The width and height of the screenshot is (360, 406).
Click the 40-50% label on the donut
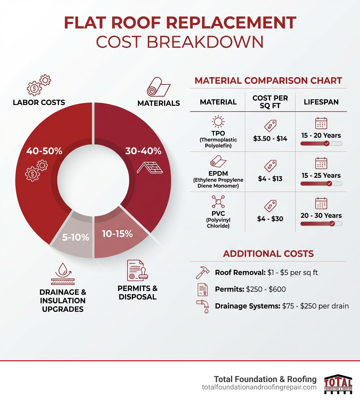(x=44, y=151)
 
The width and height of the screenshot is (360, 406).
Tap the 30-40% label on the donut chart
(x=143, y=151)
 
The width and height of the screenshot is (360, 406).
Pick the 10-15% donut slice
(x=117, y=234)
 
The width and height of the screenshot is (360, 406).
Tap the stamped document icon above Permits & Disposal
(x=137, y=271)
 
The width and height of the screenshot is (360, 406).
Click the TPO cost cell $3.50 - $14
(x=270, y=139)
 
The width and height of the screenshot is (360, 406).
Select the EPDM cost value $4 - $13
(x=270, y=179)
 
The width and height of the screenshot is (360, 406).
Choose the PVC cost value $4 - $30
(x=270, y=219)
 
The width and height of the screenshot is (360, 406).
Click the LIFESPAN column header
(x=321, y=102)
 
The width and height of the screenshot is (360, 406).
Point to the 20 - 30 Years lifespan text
(x=321, y=215)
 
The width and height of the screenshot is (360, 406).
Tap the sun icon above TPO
(x=218, y=122)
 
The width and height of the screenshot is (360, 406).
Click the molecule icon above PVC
(x=218, y=202)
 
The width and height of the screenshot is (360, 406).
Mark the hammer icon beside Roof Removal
(x=202, y=272)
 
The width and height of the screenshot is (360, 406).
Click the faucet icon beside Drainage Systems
(x=203, y=306)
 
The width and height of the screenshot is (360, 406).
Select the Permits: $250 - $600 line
(x=250, y=289)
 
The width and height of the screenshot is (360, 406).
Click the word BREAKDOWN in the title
(x=204, y=42)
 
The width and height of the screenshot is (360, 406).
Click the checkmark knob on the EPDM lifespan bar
(x=329, y=184)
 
